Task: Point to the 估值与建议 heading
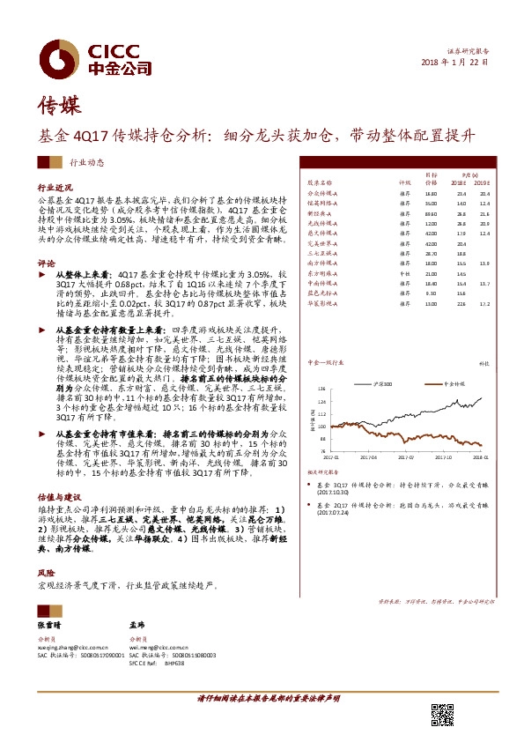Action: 58,497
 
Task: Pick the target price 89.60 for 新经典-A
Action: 431,213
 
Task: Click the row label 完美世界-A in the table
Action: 321,243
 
